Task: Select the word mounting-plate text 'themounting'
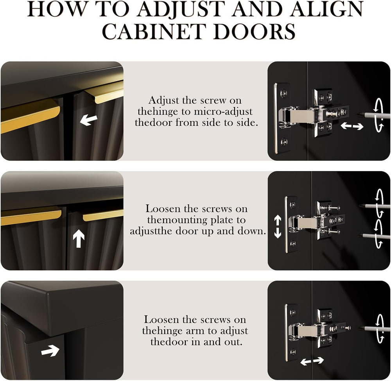pyautogui.click(x=177, y=220)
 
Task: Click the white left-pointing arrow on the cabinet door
pyautogui.click(x=88, y=120)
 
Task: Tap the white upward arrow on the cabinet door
pyautogui.click(x=79, y=238)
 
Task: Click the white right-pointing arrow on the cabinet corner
pyautogui.click(x=50, y=351)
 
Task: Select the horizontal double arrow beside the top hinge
pyautogui.click(x=352, y=126)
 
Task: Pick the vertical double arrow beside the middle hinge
pyautogui.click(x=278, y=227)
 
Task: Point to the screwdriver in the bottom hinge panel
pyautogui.click(x=374, y=328)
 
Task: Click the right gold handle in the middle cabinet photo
pyautogui.click(x=103, y=215)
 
